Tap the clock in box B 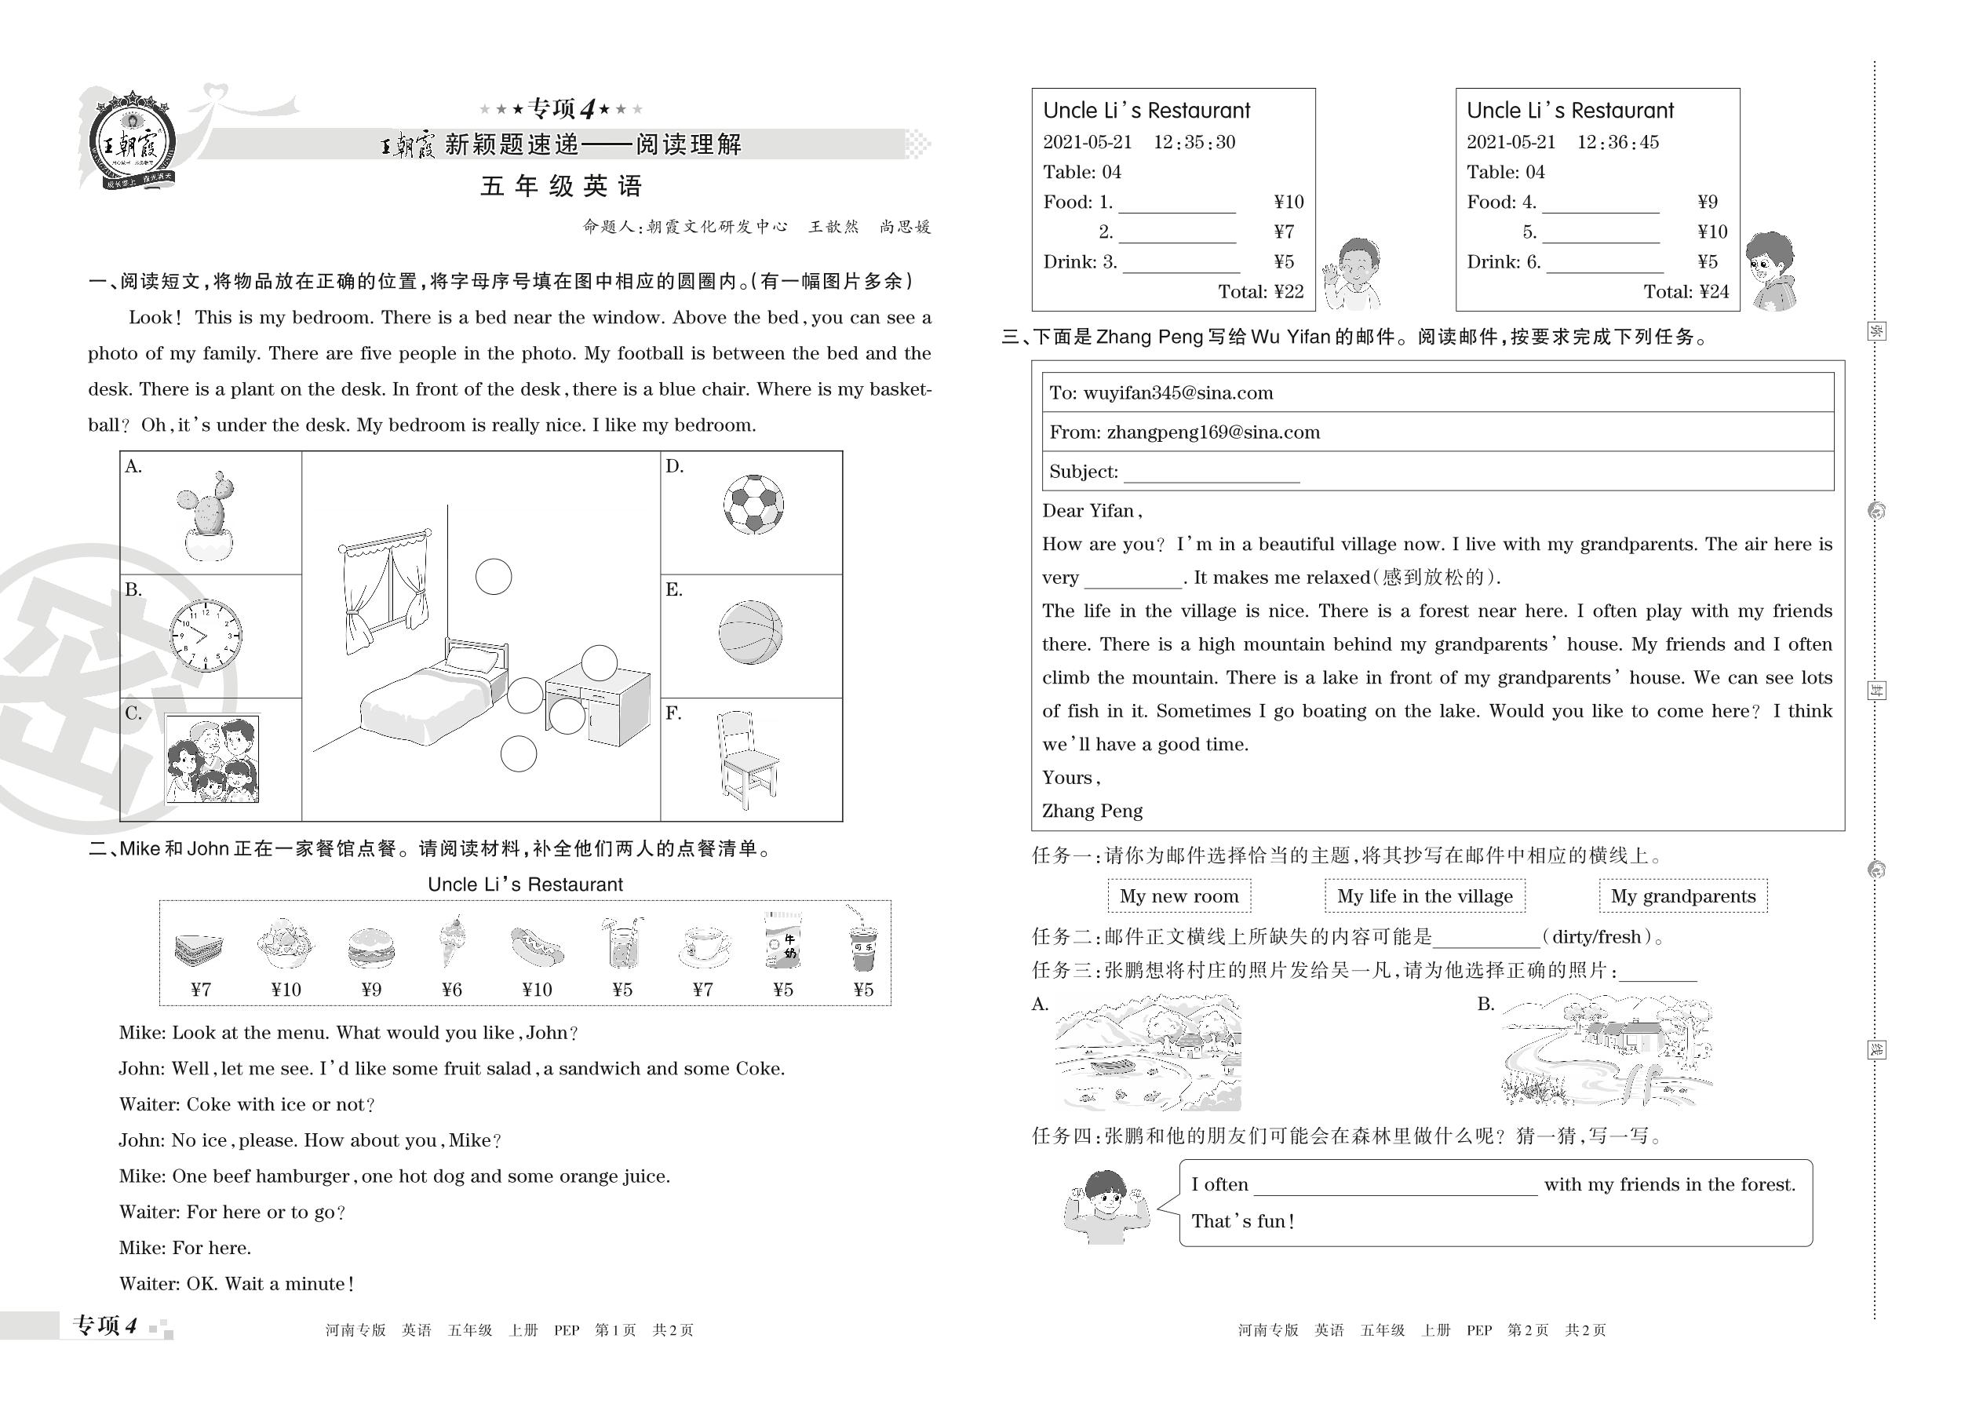coord(206,636)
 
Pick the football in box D coord(753,504)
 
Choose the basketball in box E coord(750,632)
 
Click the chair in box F coord(745,759)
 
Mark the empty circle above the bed coord(494,577)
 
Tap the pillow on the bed coord(474,662)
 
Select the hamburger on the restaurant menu coord(372,947)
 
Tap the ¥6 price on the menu coord(452,990)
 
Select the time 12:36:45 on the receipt coord(1617,143)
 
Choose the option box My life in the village coord(1424,896)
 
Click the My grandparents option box coord(1682,896)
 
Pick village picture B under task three coord(1607,1052)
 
